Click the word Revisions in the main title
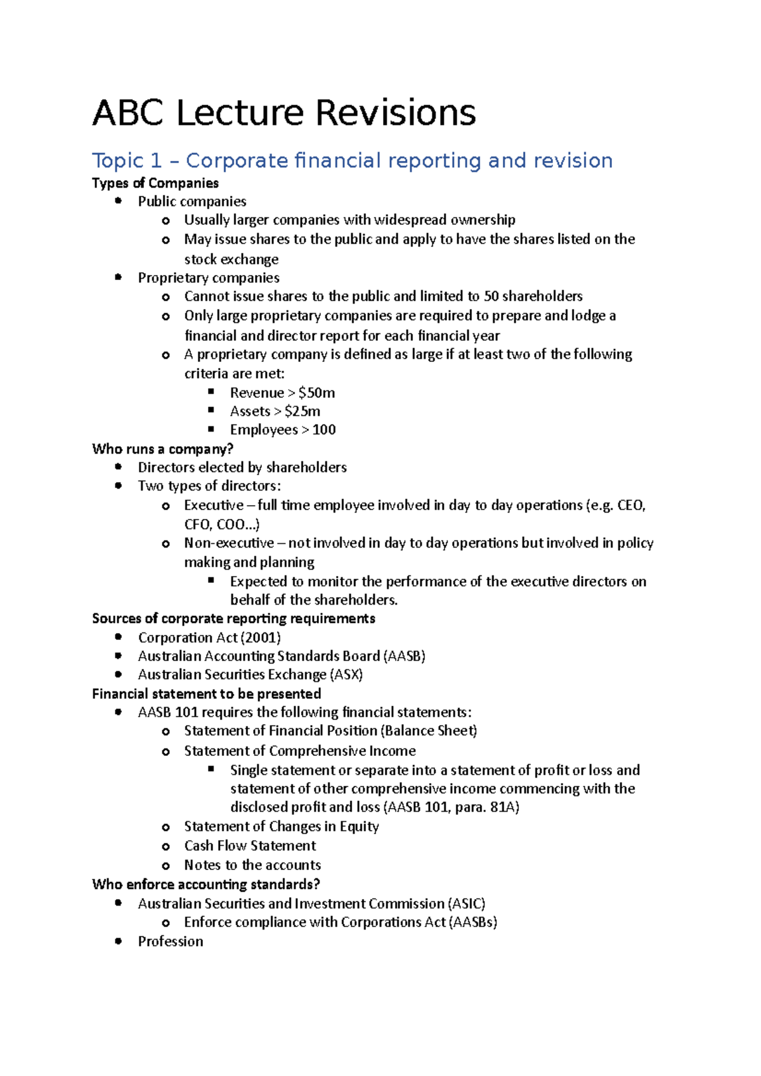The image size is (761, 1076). click(x=395, y=114)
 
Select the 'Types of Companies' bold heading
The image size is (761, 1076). click(x=155, y=183)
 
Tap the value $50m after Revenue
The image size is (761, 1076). click(x=316, y=393)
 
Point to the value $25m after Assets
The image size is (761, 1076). click(x=302, y=411)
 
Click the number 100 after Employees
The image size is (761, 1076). click(x=324, y=430)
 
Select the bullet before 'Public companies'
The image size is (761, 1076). click(x=119, y=201)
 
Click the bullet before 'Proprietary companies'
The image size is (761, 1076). click(x=119, y=277)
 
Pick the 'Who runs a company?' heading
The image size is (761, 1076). click(x=162, y=449)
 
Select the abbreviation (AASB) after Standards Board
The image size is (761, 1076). click(x=405, y=656)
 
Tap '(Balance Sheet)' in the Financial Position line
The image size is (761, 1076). click(x=429, y=731)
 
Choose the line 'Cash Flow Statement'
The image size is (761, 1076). click(x=250, y=846)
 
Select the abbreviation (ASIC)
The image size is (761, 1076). click(x=466, y=904)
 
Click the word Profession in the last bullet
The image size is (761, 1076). click(x=171, y=942)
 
